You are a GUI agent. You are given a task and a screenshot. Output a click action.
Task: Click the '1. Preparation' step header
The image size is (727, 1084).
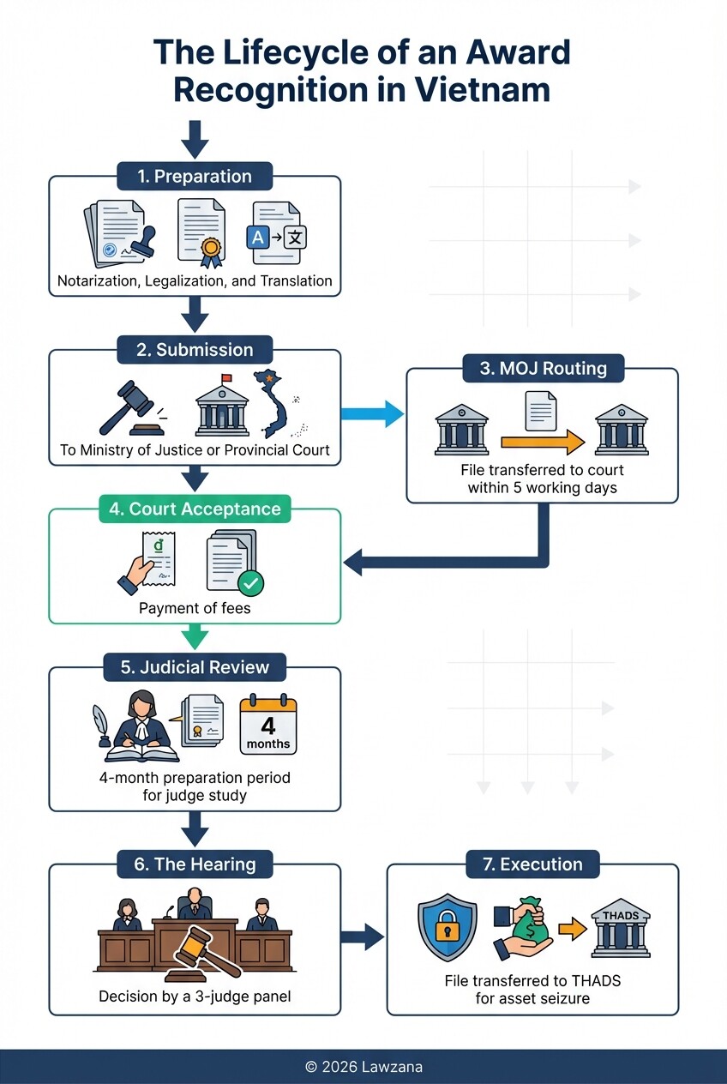[195, 177]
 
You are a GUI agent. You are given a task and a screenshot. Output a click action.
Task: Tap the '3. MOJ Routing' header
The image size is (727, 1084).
[544, 369]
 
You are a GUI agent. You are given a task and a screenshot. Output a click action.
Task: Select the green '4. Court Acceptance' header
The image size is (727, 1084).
[195, 509]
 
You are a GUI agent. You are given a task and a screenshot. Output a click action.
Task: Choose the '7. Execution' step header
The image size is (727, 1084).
[532, 864]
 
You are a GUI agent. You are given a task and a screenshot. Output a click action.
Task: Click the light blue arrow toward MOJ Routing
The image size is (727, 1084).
[372, 413]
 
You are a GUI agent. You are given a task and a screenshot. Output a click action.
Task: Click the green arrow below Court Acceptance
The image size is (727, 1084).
[195, 636]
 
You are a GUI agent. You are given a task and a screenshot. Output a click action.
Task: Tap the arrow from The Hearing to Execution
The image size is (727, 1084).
[363, 936]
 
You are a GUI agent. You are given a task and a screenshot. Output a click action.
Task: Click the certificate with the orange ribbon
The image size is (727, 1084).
[202, 230]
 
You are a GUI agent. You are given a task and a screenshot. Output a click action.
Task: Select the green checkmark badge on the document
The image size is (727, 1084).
[250, 584]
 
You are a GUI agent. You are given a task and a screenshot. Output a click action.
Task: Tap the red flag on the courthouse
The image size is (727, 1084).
[226, 379]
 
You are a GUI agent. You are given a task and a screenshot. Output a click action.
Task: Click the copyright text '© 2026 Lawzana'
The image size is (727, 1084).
[363, 1067]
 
